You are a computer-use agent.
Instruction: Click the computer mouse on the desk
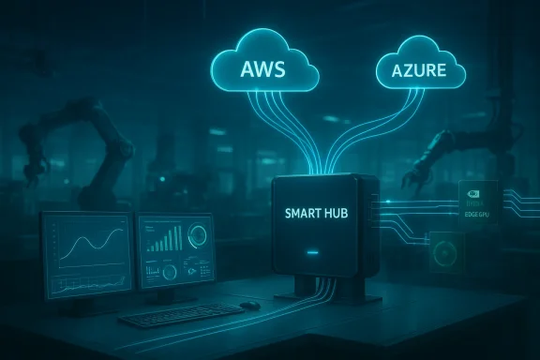tap(248, 305)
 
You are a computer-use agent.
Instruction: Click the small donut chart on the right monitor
tap(171, 273)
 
